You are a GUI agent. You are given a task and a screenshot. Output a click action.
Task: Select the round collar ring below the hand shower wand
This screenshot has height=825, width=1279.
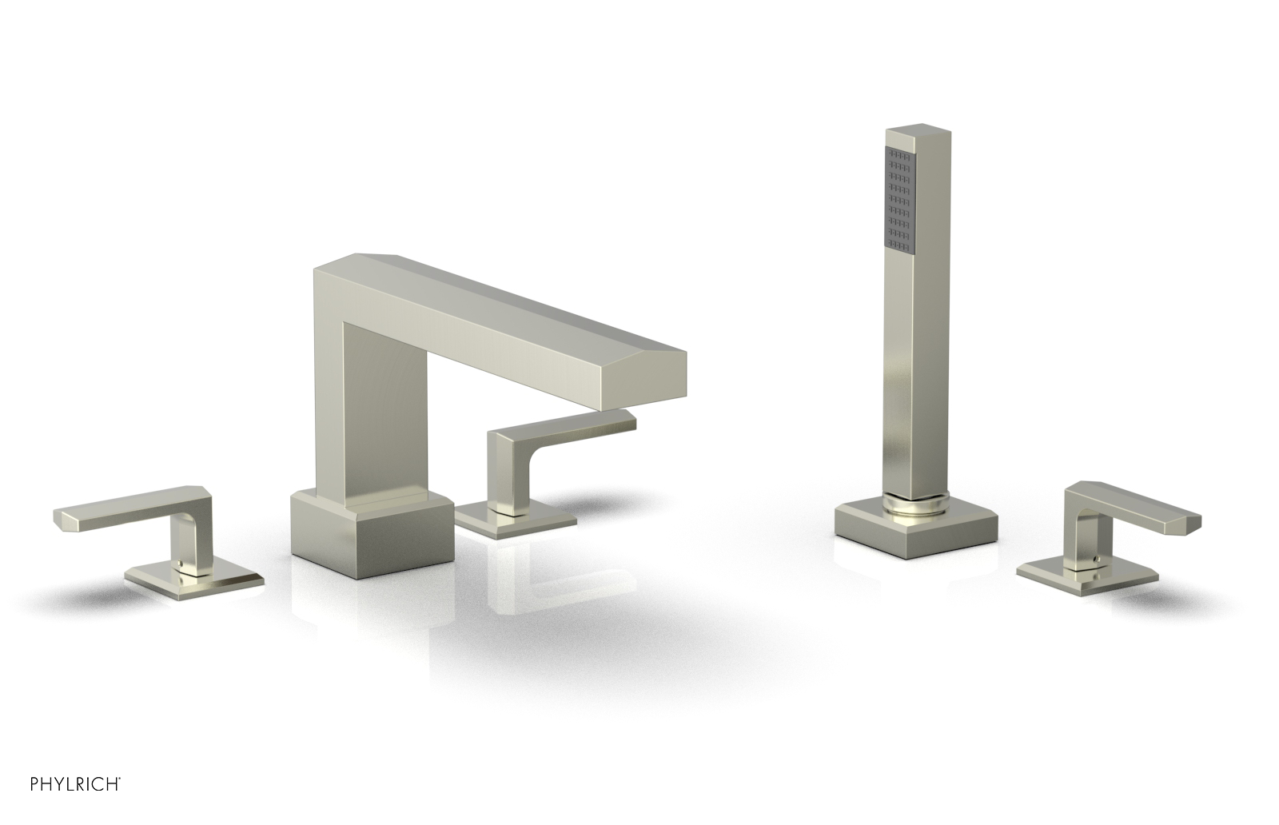pyautogui.click(x=916, y=502)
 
